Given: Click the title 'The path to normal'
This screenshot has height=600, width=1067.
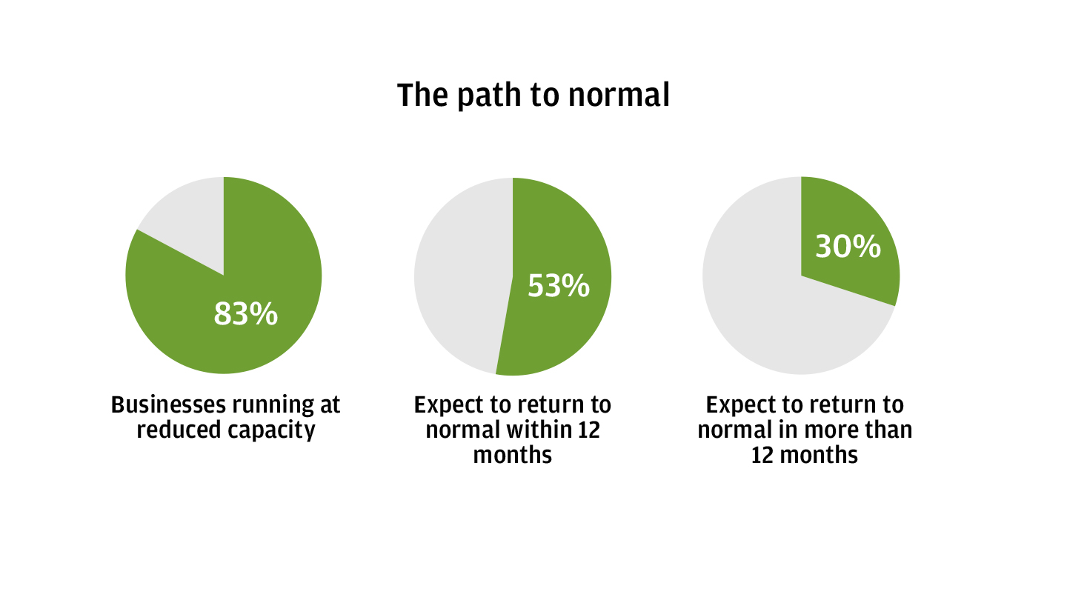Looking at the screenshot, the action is (533, 96).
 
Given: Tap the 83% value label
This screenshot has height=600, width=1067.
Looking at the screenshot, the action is (246, 314).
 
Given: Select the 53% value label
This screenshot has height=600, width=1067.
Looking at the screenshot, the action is (559, 286).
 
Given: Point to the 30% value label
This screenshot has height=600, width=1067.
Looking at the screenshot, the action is (848, 247).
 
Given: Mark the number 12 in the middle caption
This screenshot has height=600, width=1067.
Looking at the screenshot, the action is (589, 430).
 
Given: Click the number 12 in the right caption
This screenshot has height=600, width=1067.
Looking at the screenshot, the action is (762, 455).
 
